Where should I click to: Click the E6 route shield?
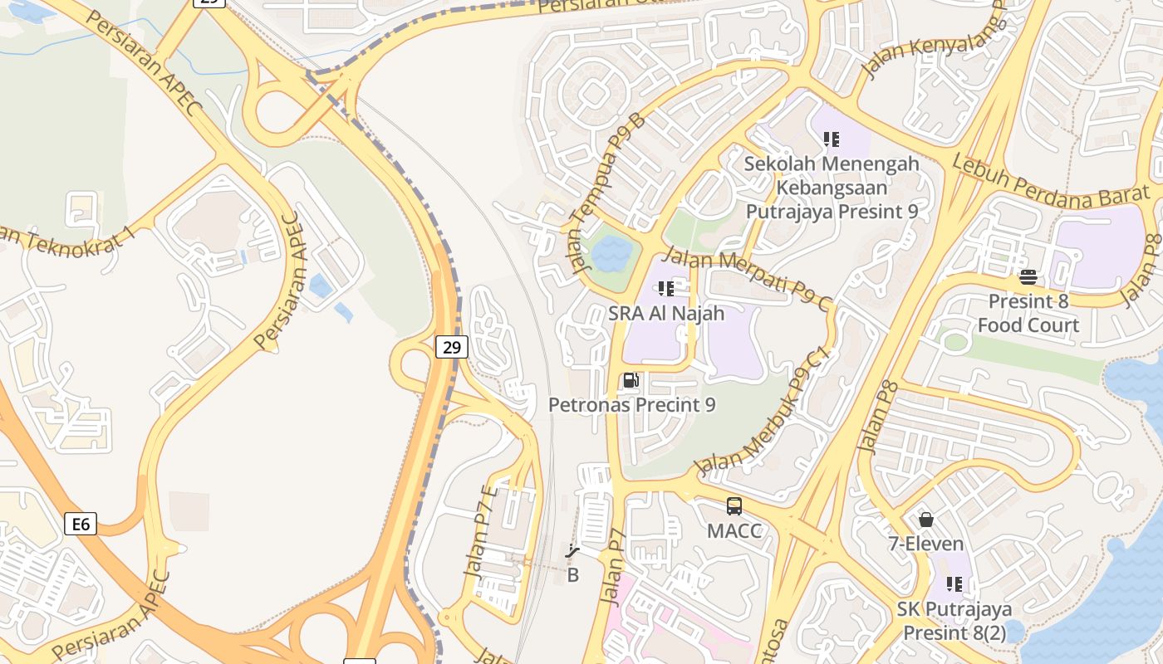click(80, 524)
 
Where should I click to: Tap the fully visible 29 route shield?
click(451, 347)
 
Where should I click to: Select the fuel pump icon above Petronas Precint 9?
click(631, 381)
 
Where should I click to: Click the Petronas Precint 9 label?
click(631, 405)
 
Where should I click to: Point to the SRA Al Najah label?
click(666, 314)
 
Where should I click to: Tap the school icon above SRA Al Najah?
click(665, 289)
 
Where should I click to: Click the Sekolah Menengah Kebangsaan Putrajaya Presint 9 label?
click(832, 188)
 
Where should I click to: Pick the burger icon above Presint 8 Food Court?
click(1028, 276)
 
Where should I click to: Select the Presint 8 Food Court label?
click(1028, 313)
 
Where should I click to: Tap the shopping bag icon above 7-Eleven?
click(926, 520)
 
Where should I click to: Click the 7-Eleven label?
click(926, 544)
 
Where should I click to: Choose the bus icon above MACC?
click(734, 506)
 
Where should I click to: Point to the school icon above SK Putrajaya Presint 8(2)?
click(954, 584)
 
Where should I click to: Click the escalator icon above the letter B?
click(572, 551)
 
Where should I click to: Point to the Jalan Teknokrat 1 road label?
click(66, 237)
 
